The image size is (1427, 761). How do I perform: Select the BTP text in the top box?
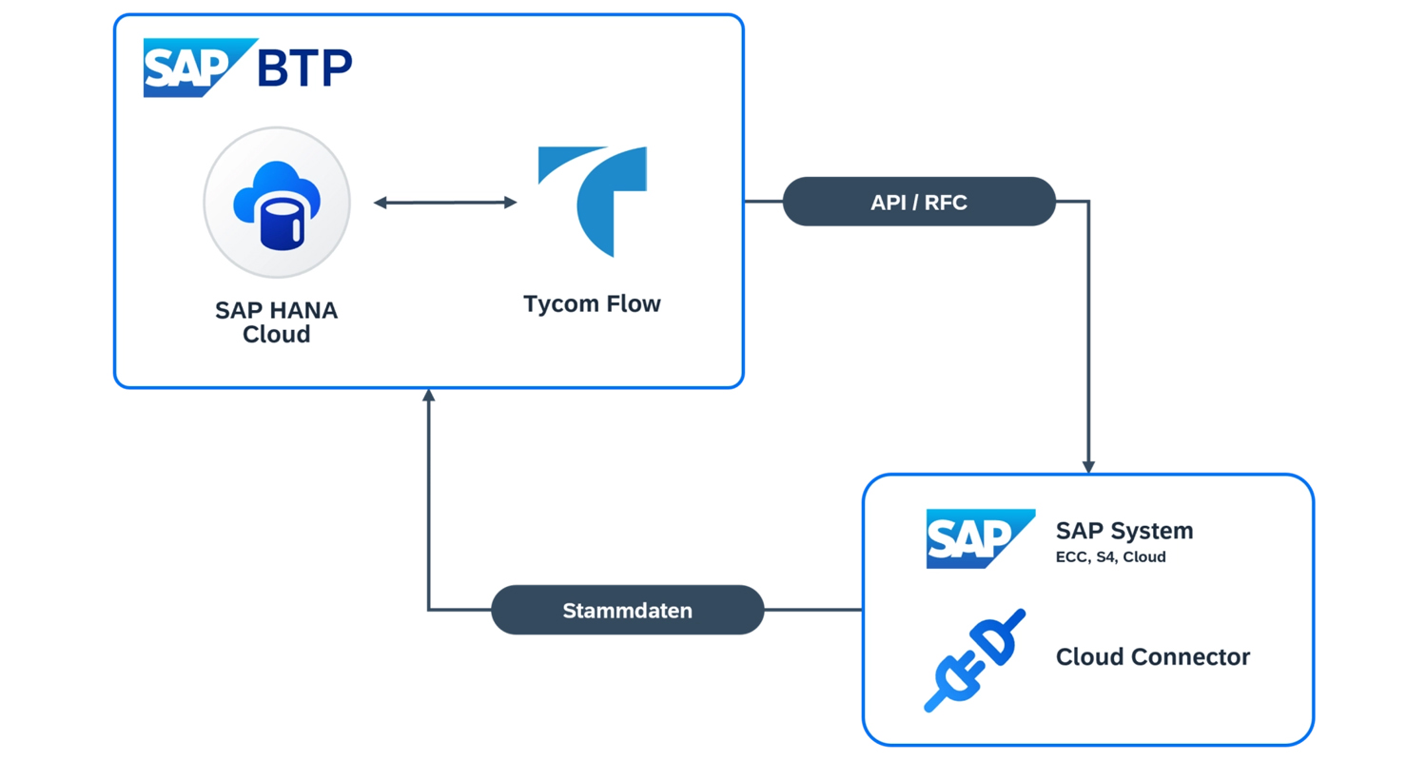coord(304,68)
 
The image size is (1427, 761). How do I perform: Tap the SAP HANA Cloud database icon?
coord(277,203)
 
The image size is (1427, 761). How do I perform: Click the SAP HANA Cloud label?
coord(276,322)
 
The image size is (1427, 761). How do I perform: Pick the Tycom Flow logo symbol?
coord(594,201)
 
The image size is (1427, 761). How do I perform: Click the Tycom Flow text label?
coord(591,304)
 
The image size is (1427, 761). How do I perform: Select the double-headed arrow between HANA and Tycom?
coord(445,202)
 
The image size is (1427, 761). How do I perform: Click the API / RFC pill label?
coord(918,202)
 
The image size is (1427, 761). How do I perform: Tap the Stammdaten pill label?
coord(627,610)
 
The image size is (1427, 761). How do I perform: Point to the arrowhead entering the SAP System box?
coord(1088,466)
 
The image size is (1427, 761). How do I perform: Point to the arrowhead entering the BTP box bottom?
coord(428,396)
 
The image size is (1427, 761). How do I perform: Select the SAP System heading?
coord(1124,530)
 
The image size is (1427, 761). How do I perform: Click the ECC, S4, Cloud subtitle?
coord(1110,557)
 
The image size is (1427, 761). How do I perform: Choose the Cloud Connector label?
coord(1152,656)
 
